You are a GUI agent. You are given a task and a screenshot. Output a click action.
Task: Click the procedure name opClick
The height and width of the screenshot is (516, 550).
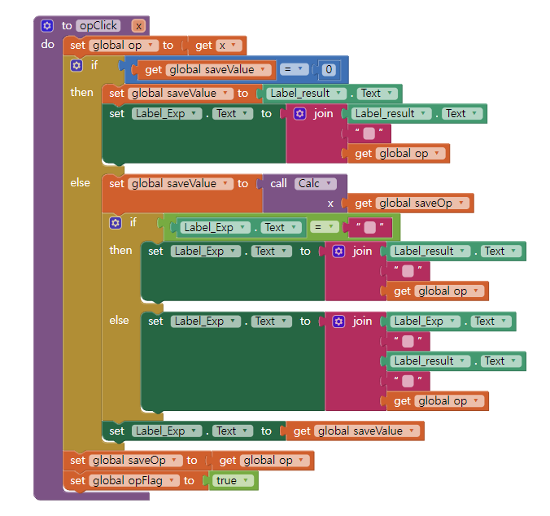98,25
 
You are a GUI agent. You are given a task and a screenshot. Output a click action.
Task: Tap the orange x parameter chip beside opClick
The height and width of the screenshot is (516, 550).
139,25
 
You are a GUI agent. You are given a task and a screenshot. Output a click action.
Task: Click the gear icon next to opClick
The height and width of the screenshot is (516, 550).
47,25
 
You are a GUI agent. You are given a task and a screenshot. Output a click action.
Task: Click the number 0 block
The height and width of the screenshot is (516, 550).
328,70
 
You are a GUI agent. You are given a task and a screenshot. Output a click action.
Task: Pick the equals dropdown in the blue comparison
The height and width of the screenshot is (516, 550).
293,70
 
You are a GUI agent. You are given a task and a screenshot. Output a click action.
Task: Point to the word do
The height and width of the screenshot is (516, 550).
47,45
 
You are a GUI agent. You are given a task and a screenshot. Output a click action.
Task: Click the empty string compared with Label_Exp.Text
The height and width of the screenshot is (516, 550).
370,228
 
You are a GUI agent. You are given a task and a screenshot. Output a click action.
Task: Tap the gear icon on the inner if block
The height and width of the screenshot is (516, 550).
116,222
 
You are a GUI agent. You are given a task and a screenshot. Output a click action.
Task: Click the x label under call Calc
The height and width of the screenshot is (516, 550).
330,203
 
